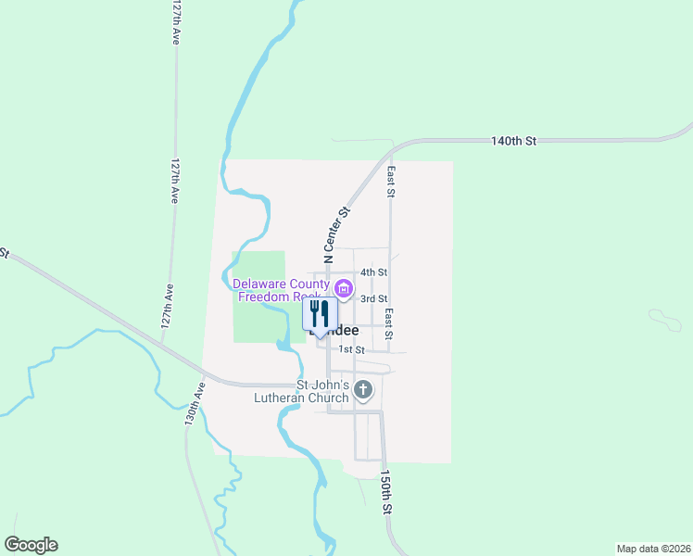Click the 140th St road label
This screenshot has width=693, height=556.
514,141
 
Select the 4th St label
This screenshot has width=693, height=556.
373,272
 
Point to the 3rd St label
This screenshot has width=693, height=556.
373,298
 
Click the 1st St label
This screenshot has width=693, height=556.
351,349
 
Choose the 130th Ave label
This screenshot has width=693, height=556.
192,400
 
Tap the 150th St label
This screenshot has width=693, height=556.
385,493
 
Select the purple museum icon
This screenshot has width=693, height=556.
344,290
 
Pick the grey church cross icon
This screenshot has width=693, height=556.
363,390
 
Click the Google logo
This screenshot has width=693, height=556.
31,545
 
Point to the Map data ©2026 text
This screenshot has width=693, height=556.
653,548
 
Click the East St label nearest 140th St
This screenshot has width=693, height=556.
392,183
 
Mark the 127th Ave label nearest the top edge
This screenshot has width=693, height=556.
174,23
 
